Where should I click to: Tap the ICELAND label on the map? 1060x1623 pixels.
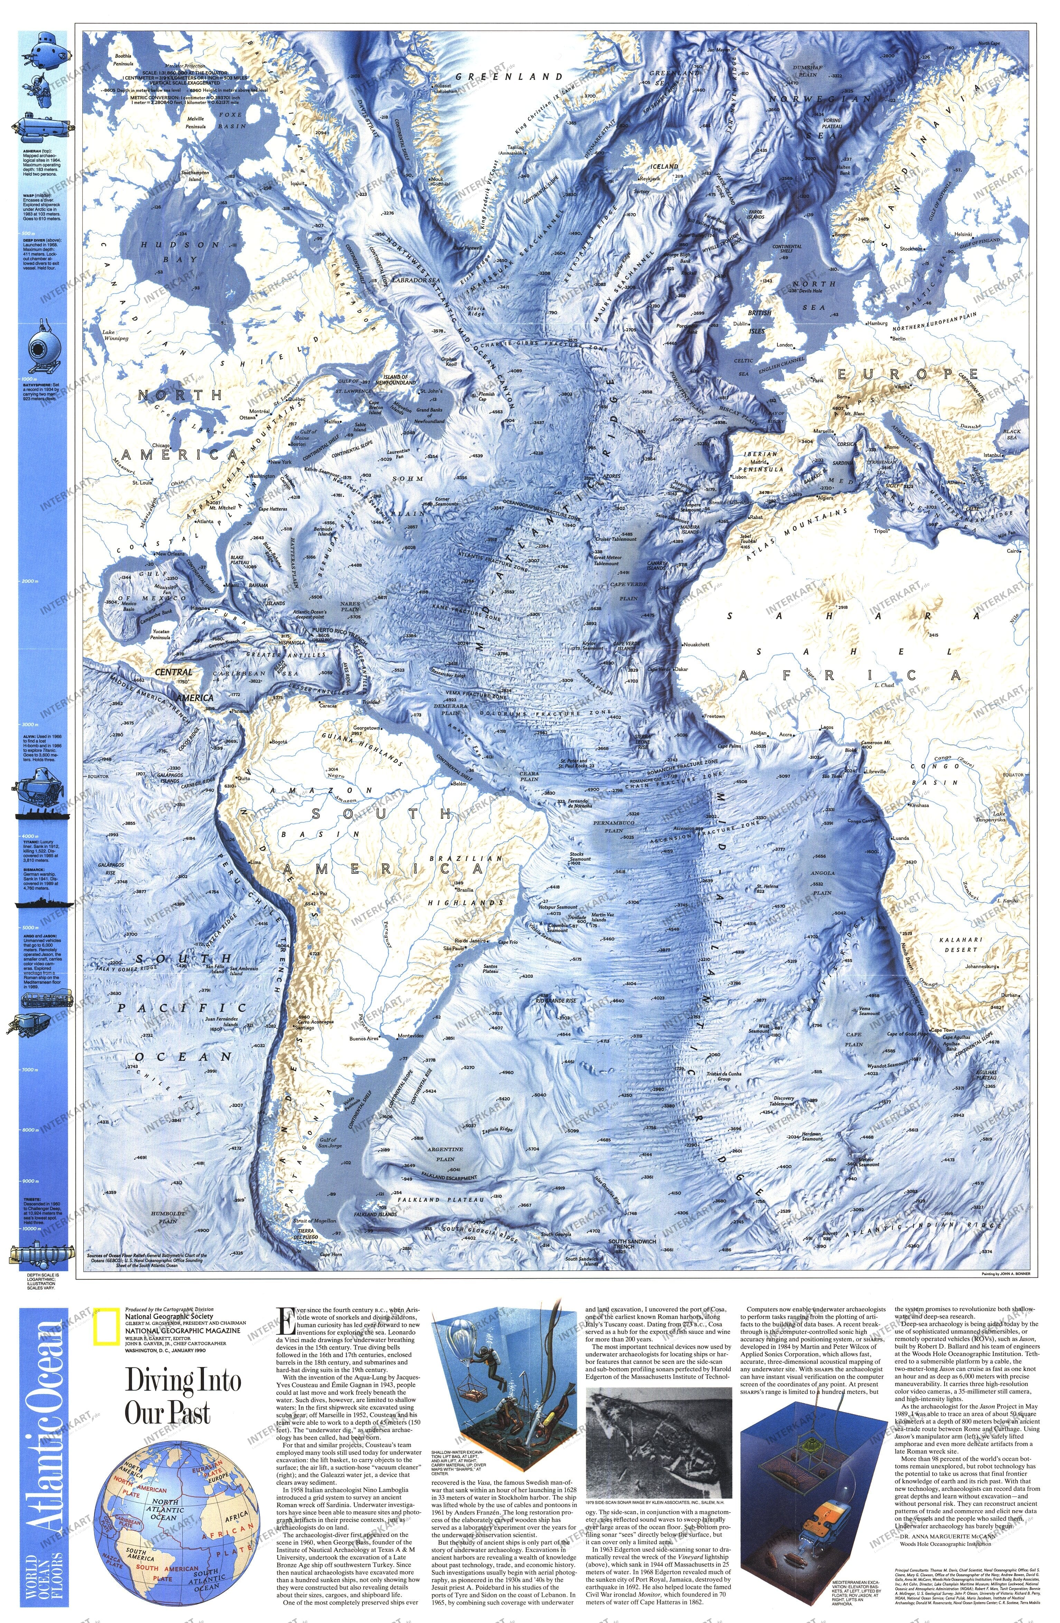(x=663, y=166)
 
